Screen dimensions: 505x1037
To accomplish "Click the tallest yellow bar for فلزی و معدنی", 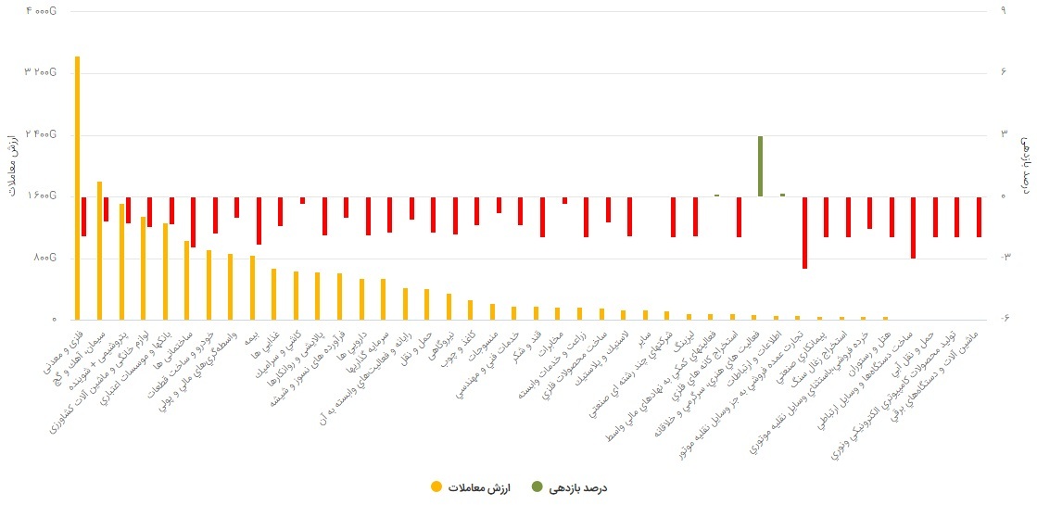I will click(x=77, y=185).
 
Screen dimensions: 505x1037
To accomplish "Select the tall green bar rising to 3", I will click(x=760, y=167).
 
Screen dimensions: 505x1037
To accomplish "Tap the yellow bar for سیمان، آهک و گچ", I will click(x=99, y=250).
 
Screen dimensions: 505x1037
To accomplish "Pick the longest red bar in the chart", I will click(x=804, y=233).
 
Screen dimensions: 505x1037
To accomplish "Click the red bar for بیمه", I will click(x=259, y=221).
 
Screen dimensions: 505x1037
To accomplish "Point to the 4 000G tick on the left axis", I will click(x=42, y=10).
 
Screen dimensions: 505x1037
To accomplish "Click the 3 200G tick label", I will click(x=42, y=72).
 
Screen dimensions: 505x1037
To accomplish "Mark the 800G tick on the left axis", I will click(x=45, y=258).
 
